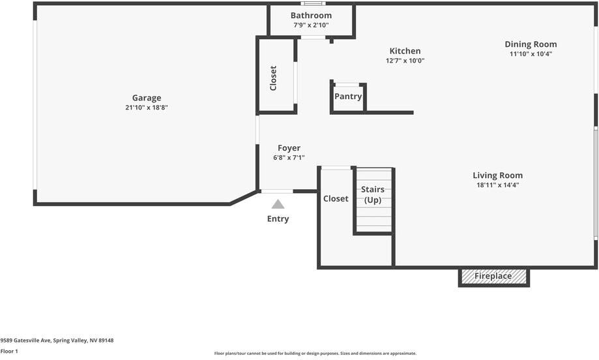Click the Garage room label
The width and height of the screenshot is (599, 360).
(x=147, y=98)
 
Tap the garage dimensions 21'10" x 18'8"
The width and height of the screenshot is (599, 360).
(x=147, y=108)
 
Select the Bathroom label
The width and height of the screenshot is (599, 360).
(x=311, y=16)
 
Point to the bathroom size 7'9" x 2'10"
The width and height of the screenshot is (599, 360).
(x=311, y=25)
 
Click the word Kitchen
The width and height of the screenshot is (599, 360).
(x=405, y=51)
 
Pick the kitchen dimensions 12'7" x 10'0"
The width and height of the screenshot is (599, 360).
(x=405, y=61)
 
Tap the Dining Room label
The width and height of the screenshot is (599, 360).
(x=531, y=44)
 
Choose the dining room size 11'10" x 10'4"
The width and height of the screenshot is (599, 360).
(x=531, y=54)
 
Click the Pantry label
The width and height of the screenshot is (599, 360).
(x=348, y=97)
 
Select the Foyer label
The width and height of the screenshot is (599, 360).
(x=289, y=148)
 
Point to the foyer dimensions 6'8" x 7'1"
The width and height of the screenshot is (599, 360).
(x=289, y=158)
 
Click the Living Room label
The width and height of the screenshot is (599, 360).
(x=497, y=175)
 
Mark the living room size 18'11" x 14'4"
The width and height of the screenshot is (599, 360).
(x=497, y=185)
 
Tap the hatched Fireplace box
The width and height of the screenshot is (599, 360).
(x=493, y=277)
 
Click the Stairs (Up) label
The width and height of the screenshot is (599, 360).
(x=373, y=194)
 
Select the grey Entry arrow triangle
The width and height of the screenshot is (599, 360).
(x=278, y=204)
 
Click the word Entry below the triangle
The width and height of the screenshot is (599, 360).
(x=278, y=219)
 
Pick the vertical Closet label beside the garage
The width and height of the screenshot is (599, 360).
(x=274, y=78)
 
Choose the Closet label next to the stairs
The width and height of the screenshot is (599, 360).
(x=336, y=199)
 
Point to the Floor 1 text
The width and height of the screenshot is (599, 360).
(x=9, y=352)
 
